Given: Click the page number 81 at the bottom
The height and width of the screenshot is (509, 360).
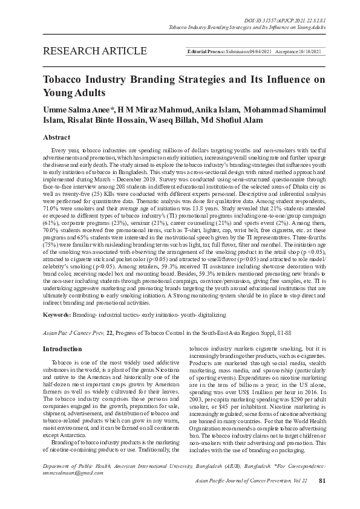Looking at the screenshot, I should click(x=322, y=497).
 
